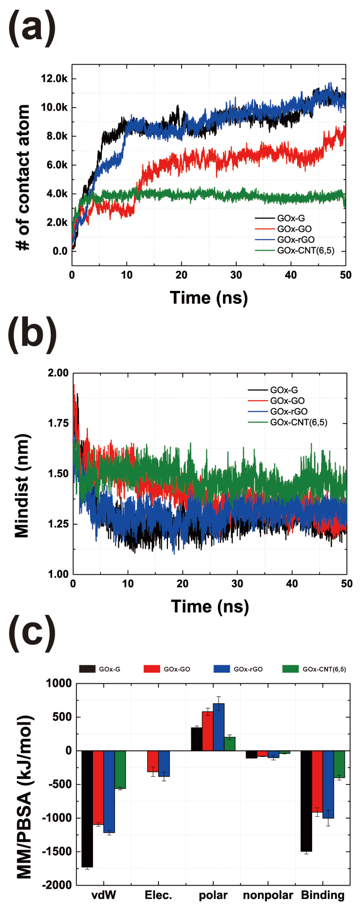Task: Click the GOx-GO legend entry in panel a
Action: (x=294, y=229)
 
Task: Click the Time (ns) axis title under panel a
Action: (x=209, y=298)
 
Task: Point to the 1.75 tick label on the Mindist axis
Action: (x=58, y=423)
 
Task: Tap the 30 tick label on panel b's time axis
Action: (x=237, y=584)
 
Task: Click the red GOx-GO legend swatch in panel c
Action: (x=152, y=669)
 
